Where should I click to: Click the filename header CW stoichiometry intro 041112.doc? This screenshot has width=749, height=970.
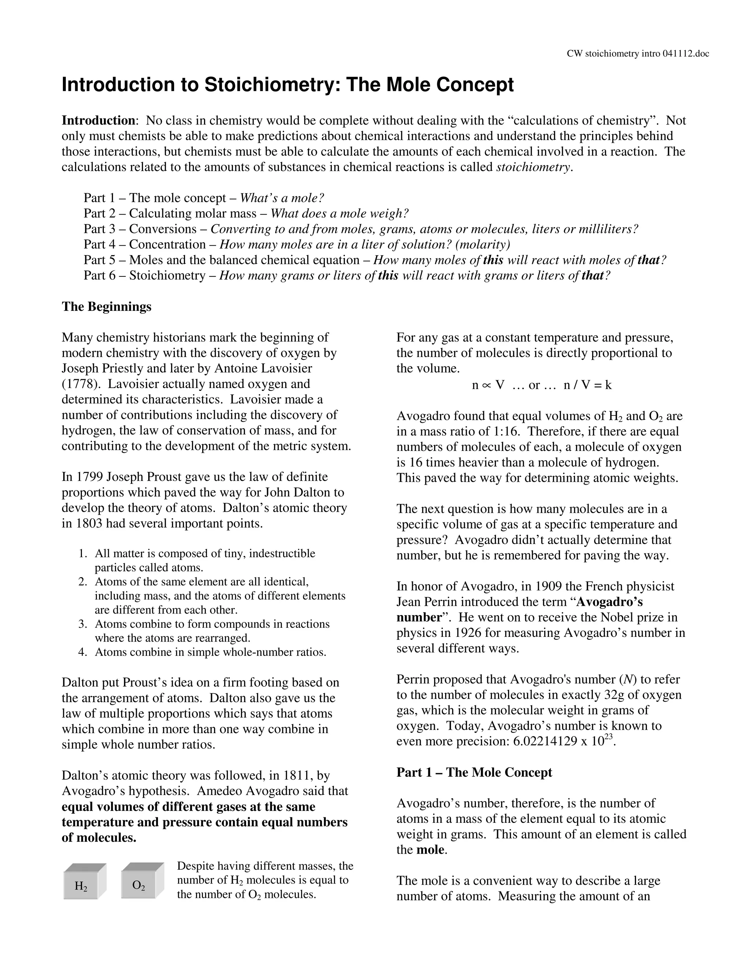tap(637, 54)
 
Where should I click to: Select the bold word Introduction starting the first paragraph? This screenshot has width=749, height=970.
tap(98, 120)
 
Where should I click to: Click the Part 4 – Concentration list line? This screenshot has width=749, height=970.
tap(296, 244)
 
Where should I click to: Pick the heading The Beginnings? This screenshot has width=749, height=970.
tap(106, 306)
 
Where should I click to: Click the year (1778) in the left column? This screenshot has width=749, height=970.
tap(77, 384)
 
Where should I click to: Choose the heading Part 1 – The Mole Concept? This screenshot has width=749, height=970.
tap(474, 772)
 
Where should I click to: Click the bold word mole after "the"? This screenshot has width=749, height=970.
tap(430, 850)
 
